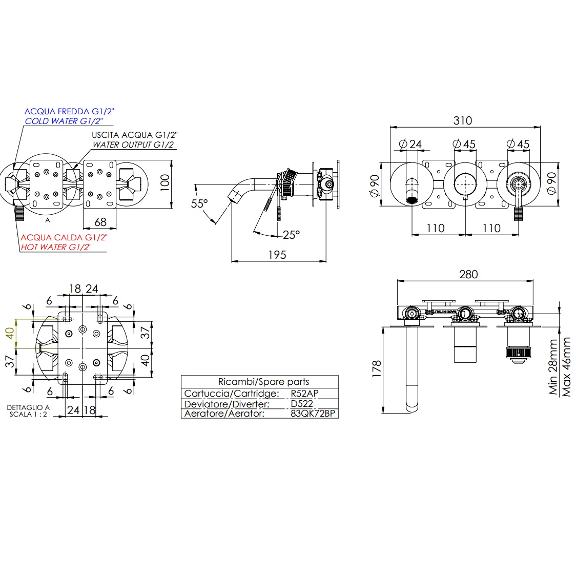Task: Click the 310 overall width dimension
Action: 462,120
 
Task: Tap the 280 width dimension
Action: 468,274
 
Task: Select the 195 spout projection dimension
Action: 277,255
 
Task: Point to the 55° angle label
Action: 199,203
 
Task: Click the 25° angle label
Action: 291,235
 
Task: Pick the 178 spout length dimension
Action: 377,369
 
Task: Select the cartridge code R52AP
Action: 304,394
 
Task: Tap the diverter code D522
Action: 301,404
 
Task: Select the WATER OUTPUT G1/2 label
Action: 133,145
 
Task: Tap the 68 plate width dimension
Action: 100,222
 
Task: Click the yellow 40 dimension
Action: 9,334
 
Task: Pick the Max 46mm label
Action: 567,366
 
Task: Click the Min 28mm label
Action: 553,367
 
